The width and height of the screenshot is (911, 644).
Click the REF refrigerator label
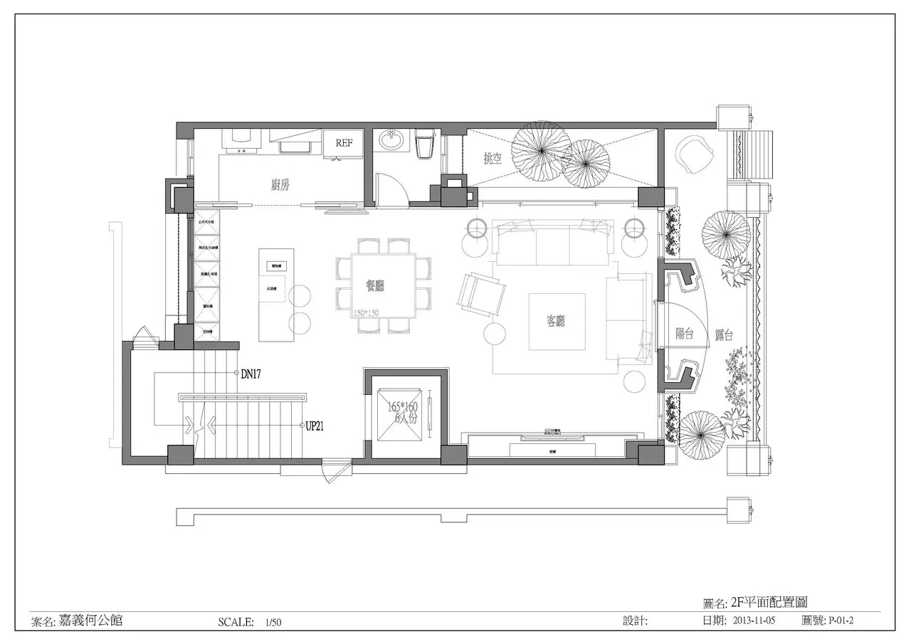pos(344,143)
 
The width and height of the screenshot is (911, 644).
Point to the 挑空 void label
pos(493,159)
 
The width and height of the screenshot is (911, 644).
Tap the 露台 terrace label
pos(724,334)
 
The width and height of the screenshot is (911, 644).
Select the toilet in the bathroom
pos(424,144)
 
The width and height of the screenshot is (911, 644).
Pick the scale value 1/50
pos(273,622)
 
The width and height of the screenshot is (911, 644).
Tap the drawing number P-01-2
pos(841,621)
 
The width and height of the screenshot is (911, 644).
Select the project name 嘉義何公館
pos(90,620)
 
